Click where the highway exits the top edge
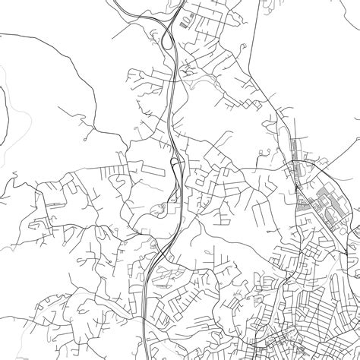click(x=180, y=2)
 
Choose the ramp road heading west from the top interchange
click(x=129, y=30)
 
